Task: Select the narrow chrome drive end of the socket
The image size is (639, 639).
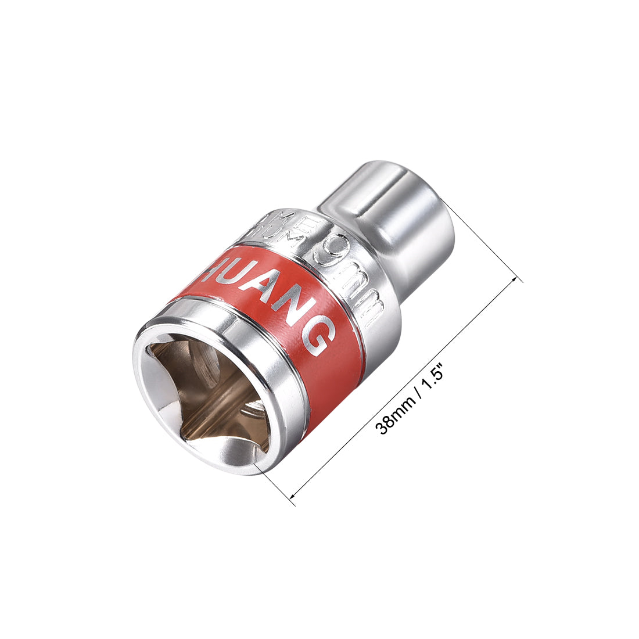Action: (x=395, y=209)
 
